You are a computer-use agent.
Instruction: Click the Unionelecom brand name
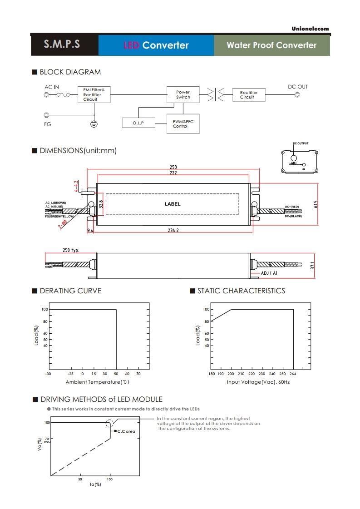click(310, 29)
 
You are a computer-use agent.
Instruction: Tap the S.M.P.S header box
click(62, 45)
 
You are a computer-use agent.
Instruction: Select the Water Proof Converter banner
click(271, 45)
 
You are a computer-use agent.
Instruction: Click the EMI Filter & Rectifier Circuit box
click(94, 94)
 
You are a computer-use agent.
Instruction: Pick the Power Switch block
click(183, 94)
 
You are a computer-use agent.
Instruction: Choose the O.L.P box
click(138, 123)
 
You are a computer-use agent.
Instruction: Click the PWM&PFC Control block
click(183, 123)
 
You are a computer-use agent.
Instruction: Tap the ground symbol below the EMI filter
click(94, 124)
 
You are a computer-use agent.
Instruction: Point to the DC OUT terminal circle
click(297, 95)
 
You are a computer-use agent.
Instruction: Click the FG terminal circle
click(46, 115)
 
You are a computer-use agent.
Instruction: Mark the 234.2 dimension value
click(173, 231)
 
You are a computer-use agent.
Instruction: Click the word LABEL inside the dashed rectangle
click(173, 204)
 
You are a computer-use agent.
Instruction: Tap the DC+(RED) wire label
click(292, 207)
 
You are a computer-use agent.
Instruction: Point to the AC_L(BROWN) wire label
click(56, 203)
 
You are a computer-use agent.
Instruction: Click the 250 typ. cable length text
click(71, 250)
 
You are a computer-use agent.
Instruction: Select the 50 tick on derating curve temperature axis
click(116, 374)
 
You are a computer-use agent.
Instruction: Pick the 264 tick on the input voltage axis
click(293, 374)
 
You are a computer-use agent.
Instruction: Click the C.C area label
click(126, 431)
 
